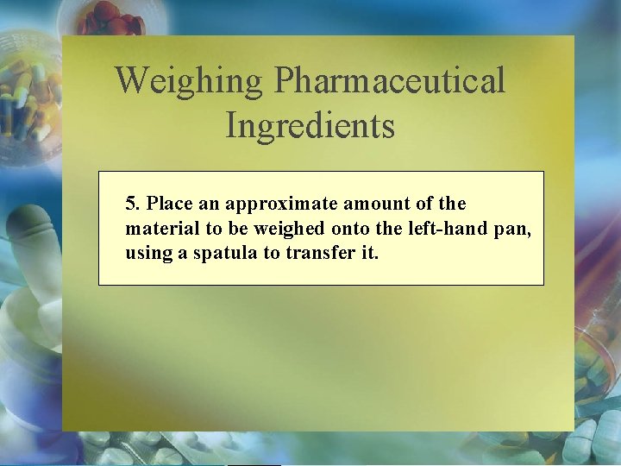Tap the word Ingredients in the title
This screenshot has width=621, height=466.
click(x=310, y=125)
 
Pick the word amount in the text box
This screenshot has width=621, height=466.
click(x=375, y=205)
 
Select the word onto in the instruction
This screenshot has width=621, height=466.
click(x=349, y=230)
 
